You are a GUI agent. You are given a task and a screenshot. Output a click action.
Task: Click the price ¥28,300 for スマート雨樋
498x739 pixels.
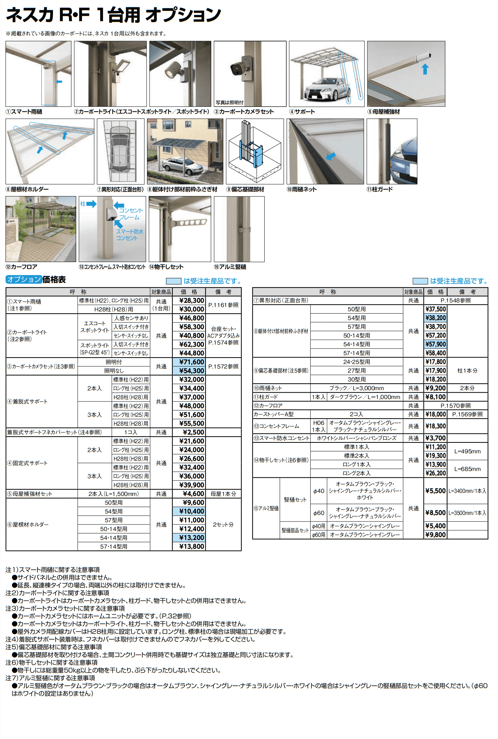point(192,301)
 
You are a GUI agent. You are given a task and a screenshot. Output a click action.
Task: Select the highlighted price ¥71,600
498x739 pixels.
point(192,362)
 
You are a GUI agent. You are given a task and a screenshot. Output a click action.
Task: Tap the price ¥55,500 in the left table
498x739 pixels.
point(192,423)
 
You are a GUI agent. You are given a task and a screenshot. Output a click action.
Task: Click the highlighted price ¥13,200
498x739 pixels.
point(192,538)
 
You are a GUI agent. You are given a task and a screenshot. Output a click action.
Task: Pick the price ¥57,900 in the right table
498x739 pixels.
point(436,344)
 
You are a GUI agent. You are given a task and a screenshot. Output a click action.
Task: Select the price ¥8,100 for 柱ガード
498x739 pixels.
point(436,397)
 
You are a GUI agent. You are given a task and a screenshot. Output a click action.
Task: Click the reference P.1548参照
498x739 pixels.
point(456,301)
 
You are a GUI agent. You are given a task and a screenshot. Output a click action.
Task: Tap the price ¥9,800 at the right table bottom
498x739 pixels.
point(436,535)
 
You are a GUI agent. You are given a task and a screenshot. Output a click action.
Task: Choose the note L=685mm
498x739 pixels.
point(468,469)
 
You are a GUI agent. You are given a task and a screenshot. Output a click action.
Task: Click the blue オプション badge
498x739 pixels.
point(24,279)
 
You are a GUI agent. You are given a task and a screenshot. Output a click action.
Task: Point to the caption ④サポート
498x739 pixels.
point(302,112)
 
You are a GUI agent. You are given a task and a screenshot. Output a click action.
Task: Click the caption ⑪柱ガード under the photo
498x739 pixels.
point(380,189)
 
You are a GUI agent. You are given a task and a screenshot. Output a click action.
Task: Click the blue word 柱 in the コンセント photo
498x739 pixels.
point(83,204)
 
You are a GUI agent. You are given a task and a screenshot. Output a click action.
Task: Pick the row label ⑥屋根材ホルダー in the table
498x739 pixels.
point(28,524)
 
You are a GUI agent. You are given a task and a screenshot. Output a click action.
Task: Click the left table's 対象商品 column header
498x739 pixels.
point(161,292)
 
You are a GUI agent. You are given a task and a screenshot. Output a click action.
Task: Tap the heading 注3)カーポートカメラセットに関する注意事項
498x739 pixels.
point(65,608)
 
